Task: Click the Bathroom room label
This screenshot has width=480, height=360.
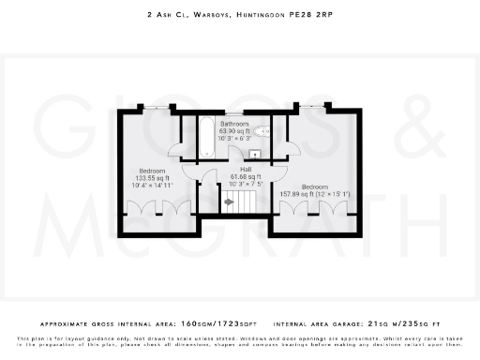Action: pyautogui.click(x=234, y=124)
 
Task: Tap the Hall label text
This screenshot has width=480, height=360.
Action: pyautogui.click(x=245, y=169)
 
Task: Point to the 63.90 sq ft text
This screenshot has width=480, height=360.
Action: pyautogui.click(x=234, y=131)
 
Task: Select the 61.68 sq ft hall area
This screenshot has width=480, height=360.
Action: pyautogui.click(x=245, y=176)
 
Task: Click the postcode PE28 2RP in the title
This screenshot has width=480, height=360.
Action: pyautogui.click(x=311, y=16)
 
